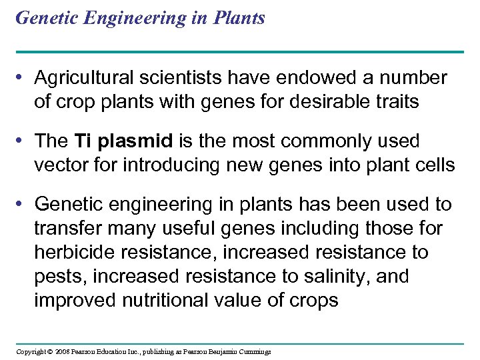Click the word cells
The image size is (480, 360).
(x=433, y=165)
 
